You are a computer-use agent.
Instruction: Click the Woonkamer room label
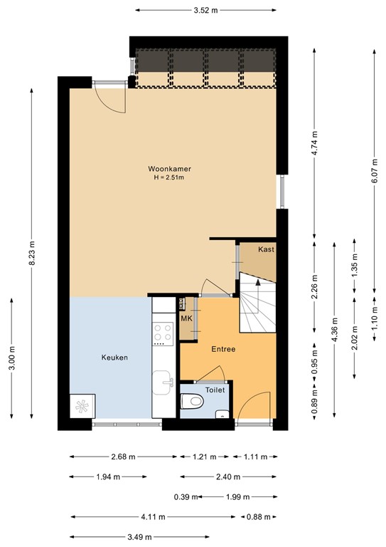point(169,169)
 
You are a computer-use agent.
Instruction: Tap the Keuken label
point(114,358)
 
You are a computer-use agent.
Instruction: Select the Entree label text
point(223,350)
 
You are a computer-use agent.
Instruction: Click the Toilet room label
point(215,390)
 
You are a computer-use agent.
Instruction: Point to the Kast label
point(266,249)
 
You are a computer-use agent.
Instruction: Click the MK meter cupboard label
point(186,318)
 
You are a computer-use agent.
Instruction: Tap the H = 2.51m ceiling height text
point(169,177)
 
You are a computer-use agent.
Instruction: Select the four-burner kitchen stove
point(163,333)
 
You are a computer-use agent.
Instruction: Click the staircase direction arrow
point(257,282)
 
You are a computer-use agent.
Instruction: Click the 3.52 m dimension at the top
point(206,10)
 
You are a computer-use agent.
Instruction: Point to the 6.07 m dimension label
point(374,171)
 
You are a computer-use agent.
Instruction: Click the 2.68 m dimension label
point(124,457)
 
